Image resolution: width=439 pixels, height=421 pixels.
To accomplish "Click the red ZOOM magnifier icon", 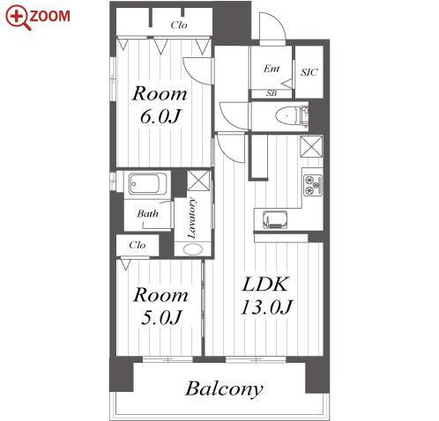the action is point(18,17).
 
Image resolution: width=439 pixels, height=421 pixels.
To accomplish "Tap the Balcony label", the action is point(224,389).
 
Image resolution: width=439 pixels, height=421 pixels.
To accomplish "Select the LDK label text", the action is point(265,284).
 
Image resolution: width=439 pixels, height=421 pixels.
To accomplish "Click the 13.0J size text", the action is point(267,307).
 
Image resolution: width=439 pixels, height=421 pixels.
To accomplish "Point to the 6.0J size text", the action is point(160,116).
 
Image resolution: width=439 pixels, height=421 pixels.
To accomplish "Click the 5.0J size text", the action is point(161,317).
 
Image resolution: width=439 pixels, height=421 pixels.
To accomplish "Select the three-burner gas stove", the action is point(313,185).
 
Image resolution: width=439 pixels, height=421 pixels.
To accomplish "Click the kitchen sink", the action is point(275,219).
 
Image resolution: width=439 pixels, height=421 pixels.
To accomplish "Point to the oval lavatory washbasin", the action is point(193,249).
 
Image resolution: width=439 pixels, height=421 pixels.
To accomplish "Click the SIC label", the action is point(309,72).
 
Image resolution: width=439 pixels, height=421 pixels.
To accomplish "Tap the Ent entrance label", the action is point(272,69).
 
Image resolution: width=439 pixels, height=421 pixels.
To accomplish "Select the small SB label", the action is point(272,93).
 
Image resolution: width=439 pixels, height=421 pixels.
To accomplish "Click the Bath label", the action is point(147,213).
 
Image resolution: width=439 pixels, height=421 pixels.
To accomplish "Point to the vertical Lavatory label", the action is point(191,218).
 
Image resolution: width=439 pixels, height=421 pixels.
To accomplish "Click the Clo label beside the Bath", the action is point(138,245).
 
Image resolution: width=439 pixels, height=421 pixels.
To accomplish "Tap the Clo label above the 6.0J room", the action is point(179,25).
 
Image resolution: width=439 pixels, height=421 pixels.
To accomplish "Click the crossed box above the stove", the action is point(311,146).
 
